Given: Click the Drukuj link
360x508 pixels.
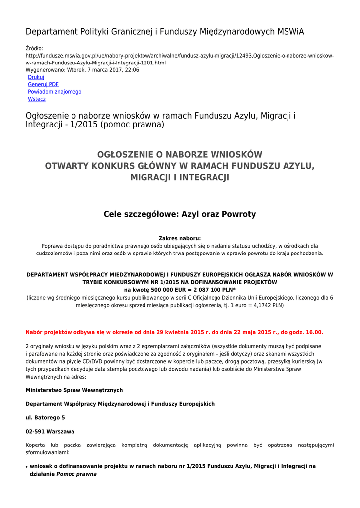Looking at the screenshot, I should pyautogui.click(x=36, y=77).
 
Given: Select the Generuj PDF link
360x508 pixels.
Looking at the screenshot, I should pyautogui.click(x=43, y=85).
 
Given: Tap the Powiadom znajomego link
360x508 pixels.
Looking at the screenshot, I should pyautogui.click(x=55, y=92).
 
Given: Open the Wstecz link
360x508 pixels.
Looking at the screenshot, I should pyautogui.click(x=37, y=99).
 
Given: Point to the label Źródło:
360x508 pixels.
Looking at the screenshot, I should pyautogui.click(x=35, y=48).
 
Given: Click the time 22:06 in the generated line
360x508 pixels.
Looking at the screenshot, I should pyautogui.click(x=132, y=70).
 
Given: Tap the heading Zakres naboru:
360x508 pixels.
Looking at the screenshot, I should pyautogui.click(x=180, y=238).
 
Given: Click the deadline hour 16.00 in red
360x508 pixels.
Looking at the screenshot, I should pyautogui.click(x=313, y=332).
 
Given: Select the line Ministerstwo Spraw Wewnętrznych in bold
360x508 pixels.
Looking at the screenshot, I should pyautogui.click(x=74, y=390).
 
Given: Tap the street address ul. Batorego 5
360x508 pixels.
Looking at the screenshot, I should pyautogui.click(x=45, y=418).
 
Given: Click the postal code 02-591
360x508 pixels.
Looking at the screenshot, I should pyautogui.click(x=35, y=432).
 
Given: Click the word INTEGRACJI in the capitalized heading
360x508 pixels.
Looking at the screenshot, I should pyautogui.click(x=204, y=177).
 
